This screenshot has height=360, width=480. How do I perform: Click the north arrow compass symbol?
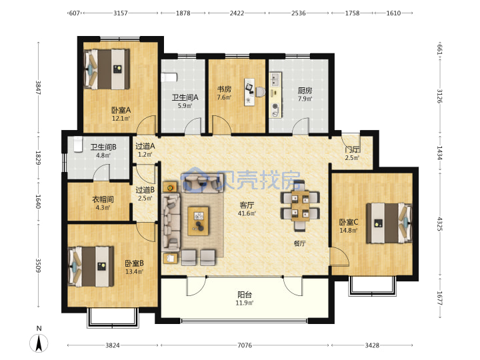point(39,343)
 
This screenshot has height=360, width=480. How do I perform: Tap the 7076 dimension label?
point(245,345)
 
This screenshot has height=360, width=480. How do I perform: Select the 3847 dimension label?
point(39,87)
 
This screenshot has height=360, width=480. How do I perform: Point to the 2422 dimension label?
point(237,13)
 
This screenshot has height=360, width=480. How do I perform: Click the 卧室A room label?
point(121,109)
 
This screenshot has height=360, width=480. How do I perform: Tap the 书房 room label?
point(225,89)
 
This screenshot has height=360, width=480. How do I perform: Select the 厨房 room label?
point(305,91)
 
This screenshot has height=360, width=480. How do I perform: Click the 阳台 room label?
point(245,295)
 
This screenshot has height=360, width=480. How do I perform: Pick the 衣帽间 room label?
point(103,199)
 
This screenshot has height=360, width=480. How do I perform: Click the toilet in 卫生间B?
point(78,144)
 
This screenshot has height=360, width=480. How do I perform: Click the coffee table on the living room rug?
point(199,221)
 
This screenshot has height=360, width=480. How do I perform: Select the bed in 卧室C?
point(389,223)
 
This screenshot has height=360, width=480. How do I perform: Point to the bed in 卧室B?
point(91,266)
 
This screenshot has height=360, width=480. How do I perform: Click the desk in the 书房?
point(249,92)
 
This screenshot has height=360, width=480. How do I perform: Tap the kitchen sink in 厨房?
point(275,79)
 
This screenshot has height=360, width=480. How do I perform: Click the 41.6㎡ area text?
point(247,213)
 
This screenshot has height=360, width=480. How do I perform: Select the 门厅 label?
point(352,150)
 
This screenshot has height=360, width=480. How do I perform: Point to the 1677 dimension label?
point(439,298)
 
